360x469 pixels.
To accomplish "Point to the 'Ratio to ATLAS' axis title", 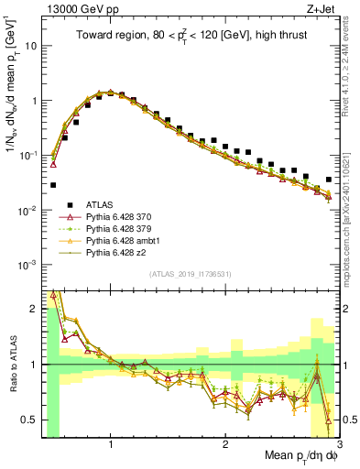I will click(x=10, y=364).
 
